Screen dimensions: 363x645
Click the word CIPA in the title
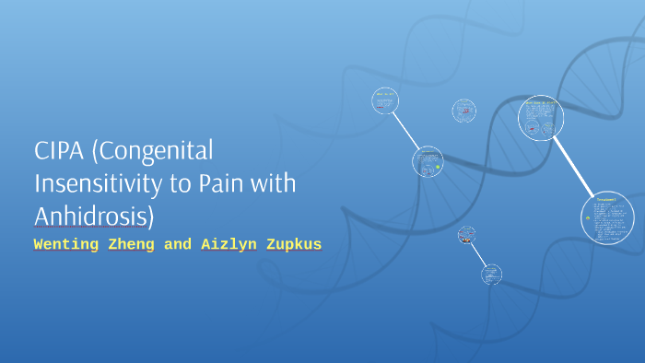click(58, 151)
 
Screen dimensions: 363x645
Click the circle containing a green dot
click(428, 162)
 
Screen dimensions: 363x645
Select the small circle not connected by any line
click(464, 111)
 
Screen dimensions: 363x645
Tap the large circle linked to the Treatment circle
click(540, 118)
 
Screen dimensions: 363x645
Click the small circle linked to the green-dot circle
click(385, 101)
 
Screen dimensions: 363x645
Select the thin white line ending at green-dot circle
click(406, 132)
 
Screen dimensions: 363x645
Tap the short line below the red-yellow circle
click(480, 255)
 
